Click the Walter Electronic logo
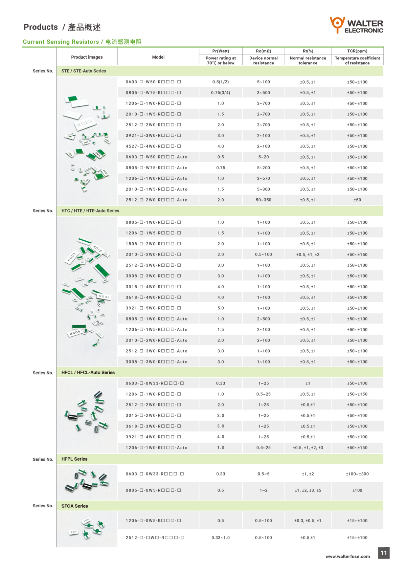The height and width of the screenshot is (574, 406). (x=356, y=25)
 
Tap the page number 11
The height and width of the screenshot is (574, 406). (x=384, y=553)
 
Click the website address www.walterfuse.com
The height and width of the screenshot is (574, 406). (x=347, y=556)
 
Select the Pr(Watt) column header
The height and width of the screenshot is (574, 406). (x=221, y=51)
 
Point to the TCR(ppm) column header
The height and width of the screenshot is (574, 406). (x=357, y=51)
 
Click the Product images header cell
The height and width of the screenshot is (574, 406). (x=87, y=57)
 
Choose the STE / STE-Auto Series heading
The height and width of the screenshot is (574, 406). (x=84, y=71)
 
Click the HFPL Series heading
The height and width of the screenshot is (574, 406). (x=74, y=459)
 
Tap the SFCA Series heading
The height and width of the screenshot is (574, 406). (x=74, y=506)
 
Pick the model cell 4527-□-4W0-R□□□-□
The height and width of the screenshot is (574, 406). (x=153, y=146)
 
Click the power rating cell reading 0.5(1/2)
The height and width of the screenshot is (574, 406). (x=221, y=82)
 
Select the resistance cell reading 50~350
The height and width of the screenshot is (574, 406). (x=264, y=200)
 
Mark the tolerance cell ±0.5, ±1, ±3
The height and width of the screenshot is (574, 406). (x=308, y=255)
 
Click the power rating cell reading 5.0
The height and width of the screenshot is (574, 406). (x=221, y=308)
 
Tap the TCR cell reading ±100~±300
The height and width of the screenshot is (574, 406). (x=357, y=474)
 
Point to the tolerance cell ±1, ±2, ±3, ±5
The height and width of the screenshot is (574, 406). (x=308, y=490)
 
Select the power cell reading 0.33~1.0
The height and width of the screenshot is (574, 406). (x=221, y=537)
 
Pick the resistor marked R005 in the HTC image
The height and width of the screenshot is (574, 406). (x=75, y=333)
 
